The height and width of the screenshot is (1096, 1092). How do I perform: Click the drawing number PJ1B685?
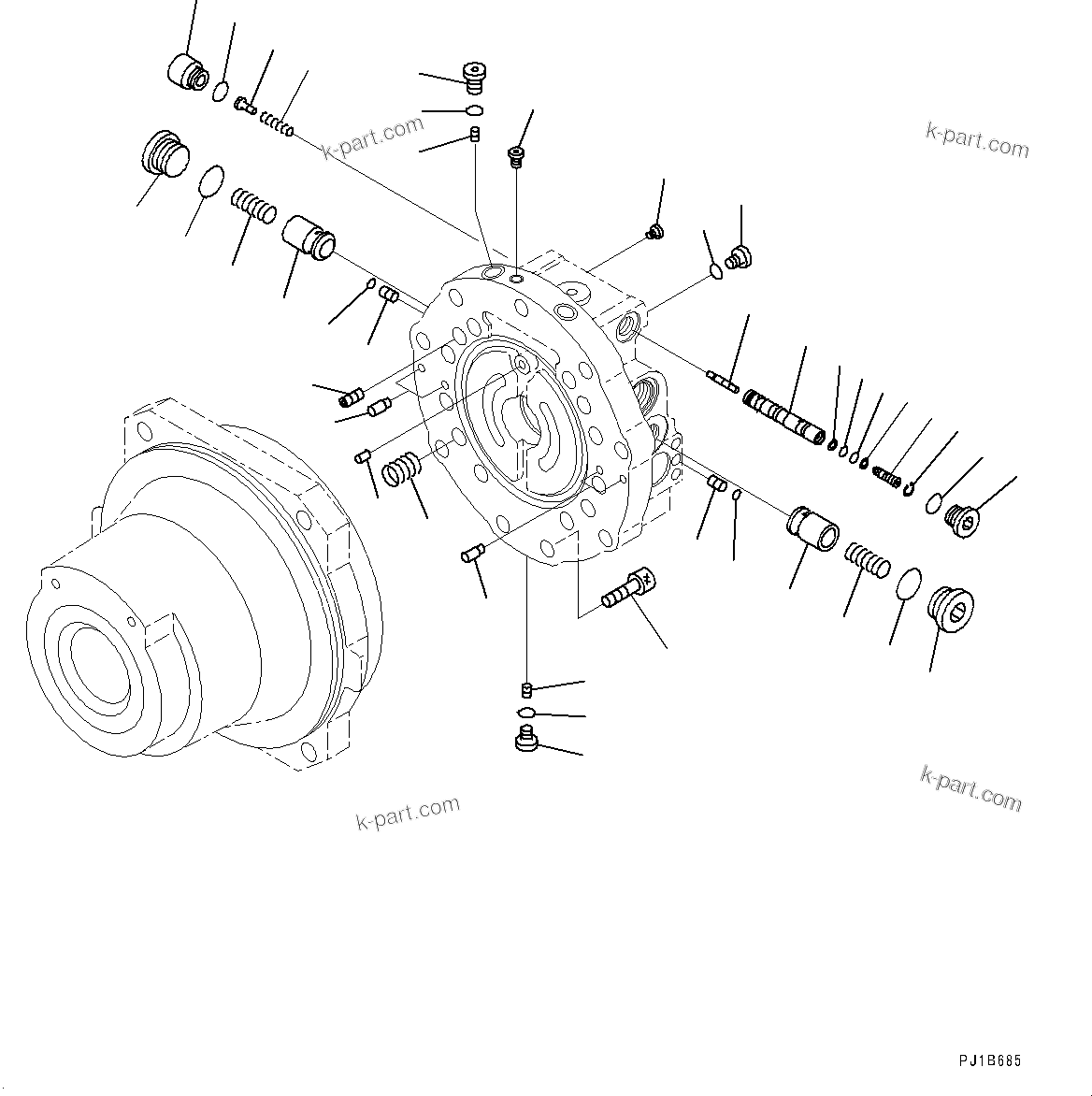[990, 1061]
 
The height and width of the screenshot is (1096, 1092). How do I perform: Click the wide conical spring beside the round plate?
[404, 468]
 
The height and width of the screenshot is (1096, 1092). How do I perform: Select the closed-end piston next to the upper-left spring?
[309, 235]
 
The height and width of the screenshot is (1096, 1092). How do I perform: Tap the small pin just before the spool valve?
[723, 380]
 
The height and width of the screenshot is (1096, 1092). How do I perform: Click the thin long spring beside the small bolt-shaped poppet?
[277, 123]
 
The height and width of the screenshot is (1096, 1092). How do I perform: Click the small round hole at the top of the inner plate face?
[520, 362]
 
